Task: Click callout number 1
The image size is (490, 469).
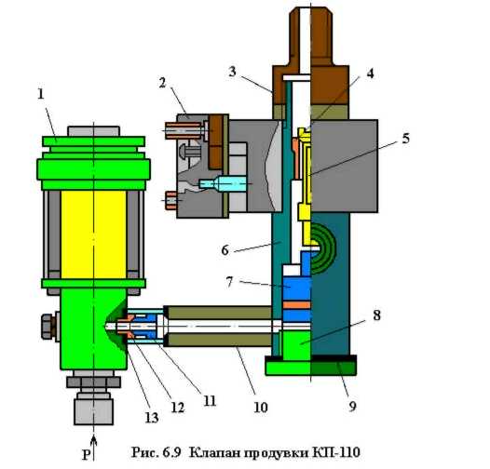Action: [41, 94]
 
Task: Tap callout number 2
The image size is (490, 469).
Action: [162, 83]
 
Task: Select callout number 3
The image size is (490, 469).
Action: [232, 72]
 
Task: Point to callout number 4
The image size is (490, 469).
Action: [370, 74]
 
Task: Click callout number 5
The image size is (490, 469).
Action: [405, 138]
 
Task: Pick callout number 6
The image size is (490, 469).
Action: [225, 250]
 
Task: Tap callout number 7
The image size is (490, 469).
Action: [230, 282]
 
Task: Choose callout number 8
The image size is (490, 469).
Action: [377, 315]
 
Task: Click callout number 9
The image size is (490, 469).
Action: [352, 407]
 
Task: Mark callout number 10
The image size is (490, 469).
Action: [261, 408]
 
